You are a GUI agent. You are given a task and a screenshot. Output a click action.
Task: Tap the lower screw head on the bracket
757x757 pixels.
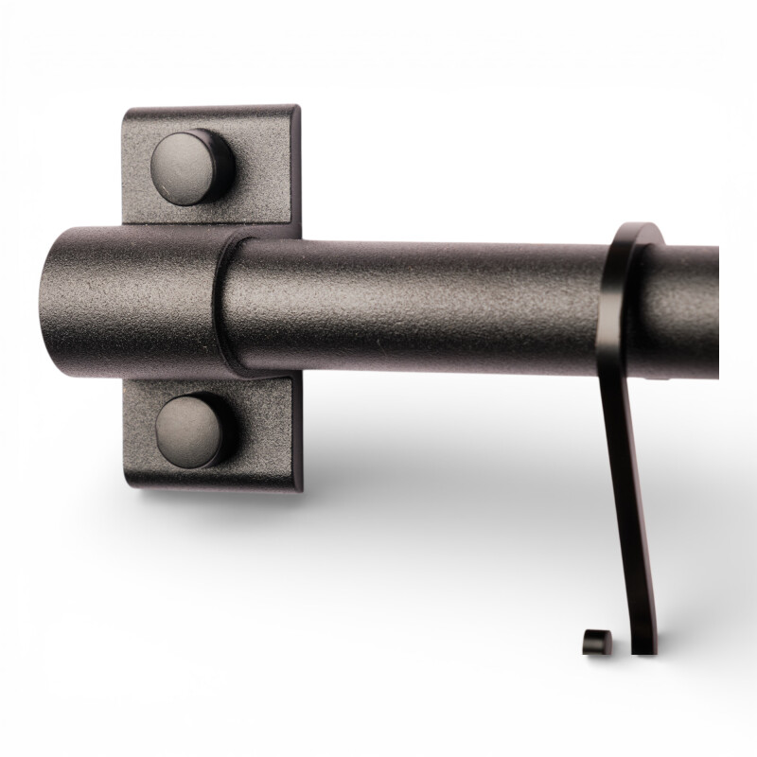[x=193, y=430]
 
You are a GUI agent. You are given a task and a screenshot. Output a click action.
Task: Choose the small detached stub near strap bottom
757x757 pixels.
[x=594, y=642]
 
